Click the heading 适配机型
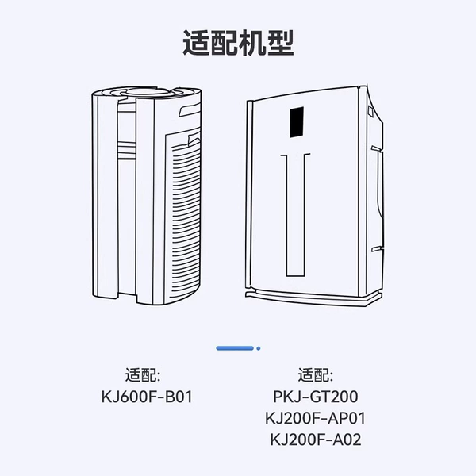coord(238,43)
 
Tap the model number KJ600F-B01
coord(147,397)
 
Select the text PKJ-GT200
coord(316,397)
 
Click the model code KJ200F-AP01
coord(316,418)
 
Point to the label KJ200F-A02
coord(316,440)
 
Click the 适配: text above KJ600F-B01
coord(143,375)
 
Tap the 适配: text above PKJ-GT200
coord(316,375)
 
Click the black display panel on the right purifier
coord(297,122)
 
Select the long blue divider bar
coord(235,348)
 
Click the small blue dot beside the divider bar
coord(259,348)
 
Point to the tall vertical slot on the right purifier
coord(295,215)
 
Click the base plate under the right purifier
coord(313,298)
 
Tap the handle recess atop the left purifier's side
coord(189,110)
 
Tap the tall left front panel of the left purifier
coord(105,194)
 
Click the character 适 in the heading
coord(196,43)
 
